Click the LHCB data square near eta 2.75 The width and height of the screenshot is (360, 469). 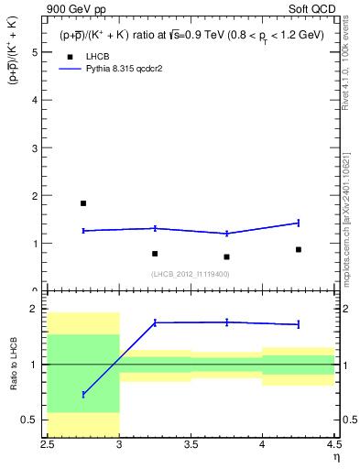coord(83,203)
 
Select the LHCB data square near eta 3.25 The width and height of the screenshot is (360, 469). coord(155,254)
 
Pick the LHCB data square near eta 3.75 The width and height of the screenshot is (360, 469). coord(226,257)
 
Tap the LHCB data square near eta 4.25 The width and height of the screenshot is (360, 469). coord(299,249)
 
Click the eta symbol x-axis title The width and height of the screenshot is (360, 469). coord(335,457)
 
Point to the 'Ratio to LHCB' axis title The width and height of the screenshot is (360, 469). coord(13,364)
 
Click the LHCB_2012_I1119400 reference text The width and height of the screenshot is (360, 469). coord(191,274)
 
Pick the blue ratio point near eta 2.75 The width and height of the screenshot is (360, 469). coord(83,394)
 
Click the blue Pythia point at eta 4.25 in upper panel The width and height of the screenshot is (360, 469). coord(299,223)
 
